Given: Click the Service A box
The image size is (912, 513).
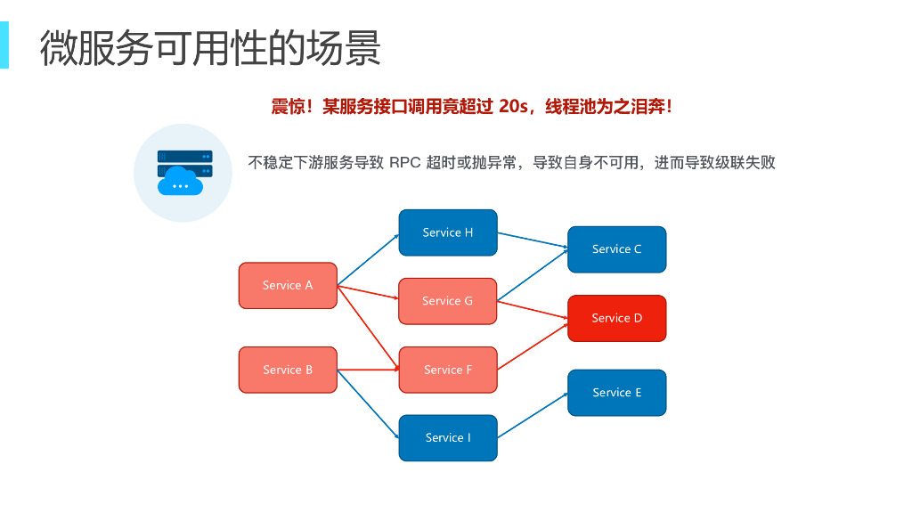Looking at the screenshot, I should [288, 286].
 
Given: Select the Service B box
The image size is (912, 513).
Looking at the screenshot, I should [288, 370].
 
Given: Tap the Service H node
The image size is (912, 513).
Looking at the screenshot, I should [448, 232].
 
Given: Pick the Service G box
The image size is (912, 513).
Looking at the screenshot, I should [448, 301].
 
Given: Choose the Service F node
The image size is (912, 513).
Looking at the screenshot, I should [448, 370].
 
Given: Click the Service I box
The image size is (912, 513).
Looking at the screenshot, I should [448, 437].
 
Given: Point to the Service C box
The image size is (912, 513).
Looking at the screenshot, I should [616, 249].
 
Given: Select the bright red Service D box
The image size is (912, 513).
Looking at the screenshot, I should [616, 318].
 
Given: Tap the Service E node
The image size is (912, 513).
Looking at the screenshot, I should [616, 393].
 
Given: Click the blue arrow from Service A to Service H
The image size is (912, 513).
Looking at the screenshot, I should [368, 259].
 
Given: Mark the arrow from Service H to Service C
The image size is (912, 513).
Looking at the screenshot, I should [533, 240].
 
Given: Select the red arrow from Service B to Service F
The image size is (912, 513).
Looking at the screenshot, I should [368, 370].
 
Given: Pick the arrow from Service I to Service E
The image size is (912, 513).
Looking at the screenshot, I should [533, 415].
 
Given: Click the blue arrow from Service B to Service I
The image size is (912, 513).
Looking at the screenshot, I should [368, 403].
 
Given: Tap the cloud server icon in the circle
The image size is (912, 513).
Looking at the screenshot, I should [183, 172].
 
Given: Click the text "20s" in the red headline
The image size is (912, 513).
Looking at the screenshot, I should [515, 107].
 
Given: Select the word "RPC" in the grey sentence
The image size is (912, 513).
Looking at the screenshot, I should [405, 163].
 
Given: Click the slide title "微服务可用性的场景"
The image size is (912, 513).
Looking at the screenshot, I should [210, 48].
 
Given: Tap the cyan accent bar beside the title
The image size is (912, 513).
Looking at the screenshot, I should [4, 45].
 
